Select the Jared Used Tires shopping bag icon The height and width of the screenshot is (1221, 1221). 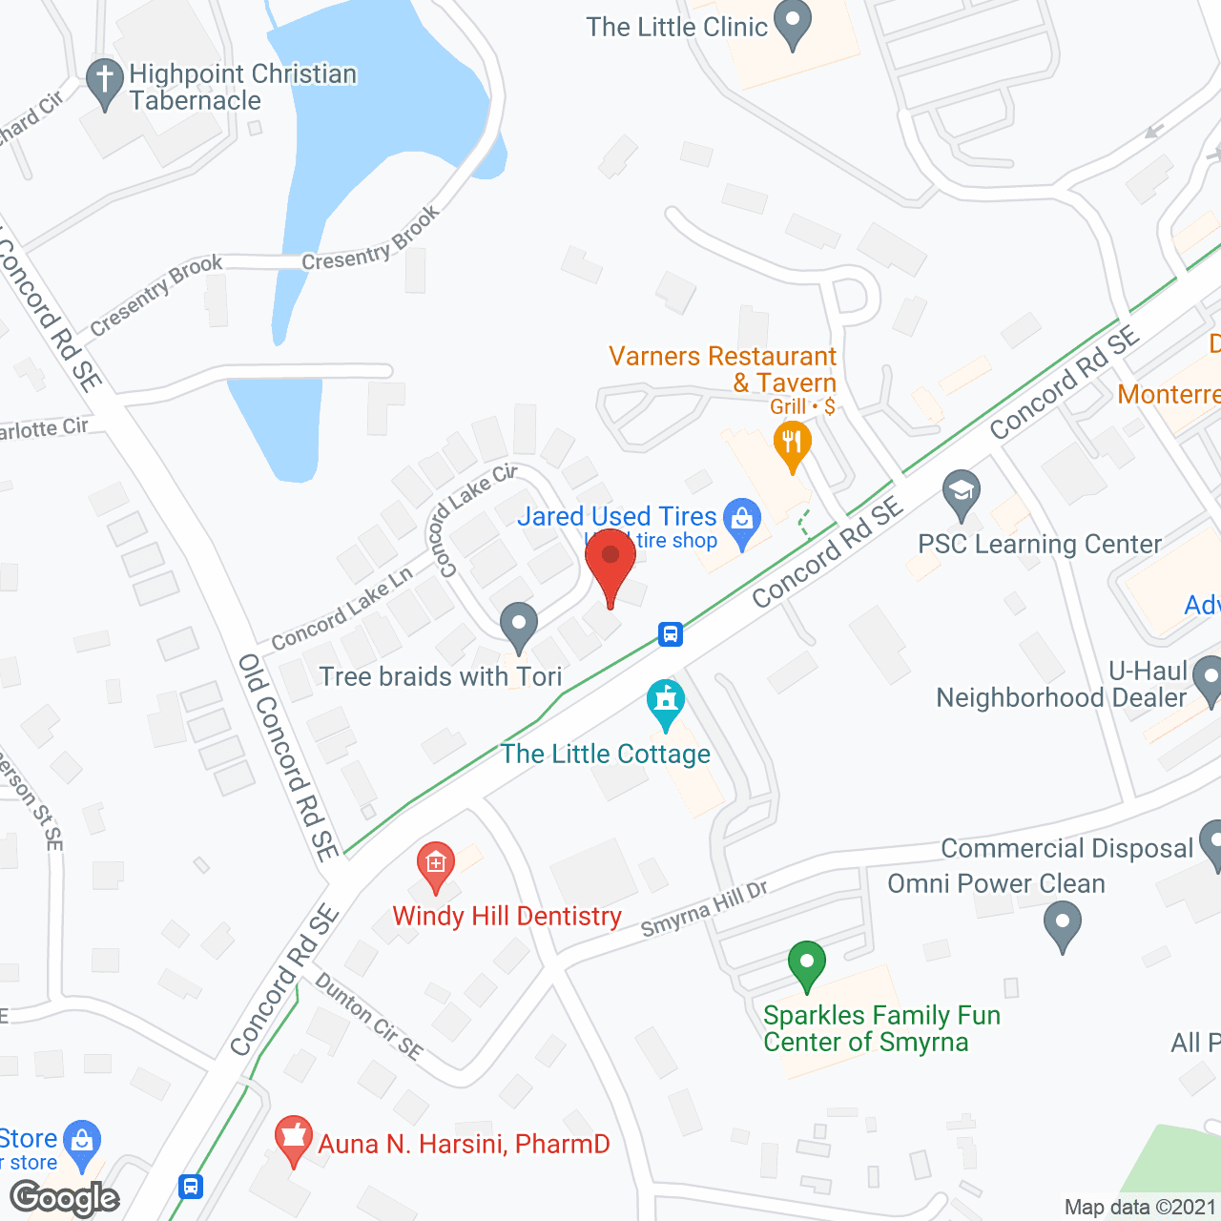coord(741,520)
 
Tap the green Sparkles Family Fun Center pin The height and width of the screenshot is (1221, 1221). coord(807,964)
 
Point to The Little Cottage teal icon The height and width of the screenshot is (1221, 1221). coord(666,702)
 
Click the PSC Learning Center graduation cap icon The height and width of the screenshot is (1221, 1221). coord(962,493)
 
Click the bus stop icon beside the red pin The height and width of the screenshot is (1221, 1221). coord(671,633)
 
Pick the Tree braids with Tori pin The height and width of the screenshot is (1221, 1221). coord(519,627)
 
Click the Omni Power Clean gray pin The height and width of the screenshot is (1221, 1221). coord(1063,925)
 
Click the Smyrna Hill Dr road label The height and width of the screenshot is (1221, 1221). coord(704,909)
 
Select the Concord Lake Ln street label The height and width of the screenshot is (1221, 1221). coord(341,609)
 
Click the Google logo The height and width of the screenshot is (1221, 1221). coord(65,1197)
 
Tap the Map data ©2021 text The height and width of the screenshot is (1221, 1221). coord(1140,1207)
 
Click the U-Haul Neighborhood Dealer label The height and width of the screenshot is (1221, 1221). coord(1062,685)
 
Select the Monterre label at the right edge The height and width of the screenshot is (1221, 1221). coord(1169,394)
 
